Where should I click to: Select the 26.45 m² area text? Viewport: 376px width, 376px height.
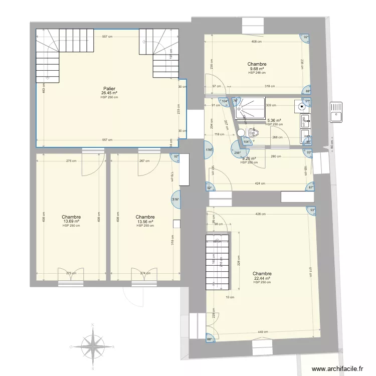(x=109, y=93)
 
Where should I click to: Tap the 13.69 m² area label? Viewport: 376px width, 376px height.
(x=72, y=221)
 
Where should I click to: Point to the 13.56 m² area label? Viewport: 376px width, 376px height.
(x=145, y=221)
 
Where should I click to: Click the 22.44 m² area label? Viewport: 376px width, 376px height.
(x=262, y=278)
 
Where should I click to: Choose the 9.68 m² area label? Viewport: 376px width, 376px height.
(x=257, y=69)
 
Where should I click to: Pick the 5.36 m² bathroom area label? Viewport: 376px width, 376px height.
(x=274, y=120)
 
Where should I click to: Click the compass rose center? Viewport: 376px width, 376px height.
(x=93, y=346)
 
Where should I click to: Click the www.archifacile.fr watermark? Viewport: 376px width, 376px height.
(x=338, y=368)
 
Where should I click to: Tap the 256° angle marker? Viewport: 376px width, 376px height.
(x=236, y=152)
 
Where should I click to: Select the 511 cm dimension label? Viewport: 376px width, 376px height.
(x=310, y=271)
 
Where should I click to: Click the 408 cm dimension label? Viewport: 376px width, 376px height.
(x=256, y=42)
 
